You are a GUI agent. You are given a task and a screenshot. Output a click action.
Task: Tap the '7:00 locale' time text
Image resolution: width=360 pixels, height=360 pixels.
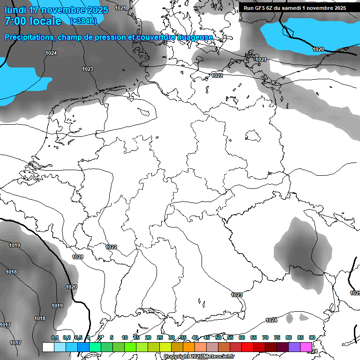pyautogui.click(x=33, y=21)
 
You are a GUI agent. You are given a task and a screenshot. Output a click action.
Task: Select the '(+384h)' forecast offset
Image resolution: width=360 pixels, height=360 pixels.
pyautogui.click(x=83, y=21)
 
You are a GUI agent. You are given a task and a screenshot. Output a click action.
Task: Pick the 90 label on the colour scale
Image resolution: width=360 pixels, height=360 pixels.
pyautogui.click(x=312, y=337)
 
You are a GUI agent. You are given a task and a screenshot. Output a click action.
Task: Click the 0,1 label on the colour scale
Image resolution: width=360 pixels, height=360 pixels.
pyautogui.click(x=55, y=337)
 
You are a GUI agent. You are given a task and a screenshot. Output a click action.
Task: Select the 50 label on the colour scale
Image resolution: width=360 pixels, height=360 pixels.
pyautogui.click(x=218, y=337)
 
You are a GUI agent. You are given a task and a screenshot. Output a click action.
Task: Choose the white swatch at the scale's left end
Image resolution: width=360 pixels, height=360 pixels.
pyautogui.click(x=48, y=347)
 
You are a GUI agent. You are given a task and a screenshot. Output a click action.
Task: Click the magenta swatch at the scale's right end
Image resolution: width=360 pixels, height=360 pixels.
pyautogui.click(x=306, y=347)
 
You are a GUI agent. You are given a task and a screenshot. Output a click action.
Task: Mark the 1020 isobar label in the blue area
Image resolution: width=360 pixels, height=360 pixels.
pyautogui.click(x=318, y=49)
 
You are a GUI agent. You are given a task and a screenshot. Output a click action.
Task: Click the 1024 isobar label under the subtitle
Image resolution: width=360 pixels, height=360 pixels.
pyautogui.click(x=51, y=53)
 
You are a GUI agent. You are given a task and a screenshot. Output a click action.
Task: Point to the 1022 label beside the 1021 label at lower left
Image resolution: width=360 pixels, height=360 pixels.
pyautogui.click(x=111, y=247)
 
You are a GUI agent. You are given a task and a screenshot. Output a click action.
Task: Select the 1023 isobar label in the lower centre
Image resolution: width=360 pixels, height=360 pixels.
pyautogui.click(x=237, y=295)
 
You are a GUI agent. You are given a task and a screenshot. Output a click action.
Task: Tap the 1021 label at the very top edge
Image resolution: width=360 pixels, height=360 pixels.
pyautogui.click(x=120, y=7)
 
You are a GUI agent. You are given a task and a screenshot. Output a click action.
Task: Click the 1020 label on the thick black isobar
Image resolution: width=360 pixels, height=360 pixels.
pyautogui.click(x=71, y=287)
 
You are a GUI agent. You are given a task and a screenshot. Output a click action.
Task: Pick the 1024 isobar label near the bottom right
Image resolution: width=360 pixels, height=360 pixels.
pyautogui.click(x=271, y=320)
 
